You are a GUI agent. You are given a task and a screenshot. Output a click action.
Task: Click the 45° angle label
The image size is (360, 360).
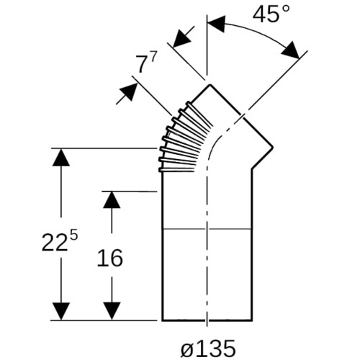coord(271,14)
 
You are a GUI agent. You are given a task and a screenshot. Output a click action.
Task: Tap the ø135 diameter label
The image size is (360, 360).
coord(208,348)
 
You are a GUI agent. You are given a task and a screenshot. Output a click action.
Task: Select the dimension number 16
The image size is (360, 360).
coord(110,258)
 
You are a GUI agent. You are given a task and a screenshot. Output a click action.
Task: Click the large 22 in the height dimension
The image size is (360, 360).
coord(54,243)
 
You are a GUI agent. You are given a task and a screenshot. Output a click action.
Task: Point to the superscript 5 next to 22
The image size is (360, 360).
coord(74,236)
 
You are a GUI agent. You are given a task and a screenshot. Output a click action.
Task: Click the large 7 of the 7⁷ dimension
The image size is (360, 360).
coord(141,64)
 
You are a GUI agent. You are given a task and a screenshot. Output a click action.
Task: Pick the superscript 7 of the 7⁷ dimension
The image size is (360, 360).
coord(153,58)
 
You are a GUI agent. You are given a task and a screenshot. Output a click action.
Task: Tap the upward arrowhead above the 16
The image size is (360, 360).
coord(112,200)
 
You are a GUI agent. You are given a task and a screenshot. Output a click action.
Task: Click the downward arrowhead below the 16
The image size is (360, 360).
coord(112,311)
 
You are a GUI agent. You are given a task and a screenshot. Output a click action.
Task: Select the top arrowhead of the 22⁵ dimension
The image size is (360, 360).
coord(61,158)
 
